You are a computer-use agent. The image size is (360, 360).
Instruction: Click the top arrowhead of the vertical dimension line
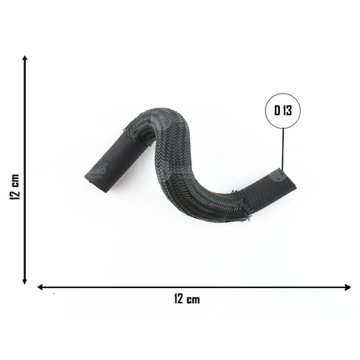pyautogui.click(x=25, y=58)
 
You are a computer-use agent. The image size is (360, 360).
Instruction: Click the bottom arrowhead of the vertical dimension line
pyautogui.click(x=25, y=281)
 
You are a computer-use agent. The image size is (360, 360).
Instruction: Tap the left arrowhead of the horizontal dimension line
pyautogui.click(x=40, y=287)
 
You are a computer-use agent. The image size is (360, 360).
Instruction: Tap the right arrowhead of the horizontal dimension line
pyautogui.click(x=347, y=287)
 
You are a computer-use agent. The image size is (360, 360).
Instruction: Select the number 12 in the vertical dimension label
pyautogui.click(x=14, y=194)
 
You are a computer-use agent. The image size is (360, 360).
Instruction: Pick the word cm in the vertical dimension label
pyautogui.click(x=15, y=180)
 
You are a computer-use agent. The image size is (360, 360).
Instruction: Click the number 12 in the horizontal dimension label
pyautogui.click(x=179, y=299)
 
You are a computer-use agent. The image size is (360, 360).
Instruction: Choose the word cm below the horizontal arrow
pyautogui.click(x=193, y=300)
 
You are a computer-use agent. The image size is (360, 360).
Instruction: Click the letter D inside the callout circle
pyautogui.click(x=277, y=110)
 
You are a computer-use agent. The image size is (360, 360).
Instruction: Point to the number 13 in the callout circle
pyautogui.click(x=286, y=110)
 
